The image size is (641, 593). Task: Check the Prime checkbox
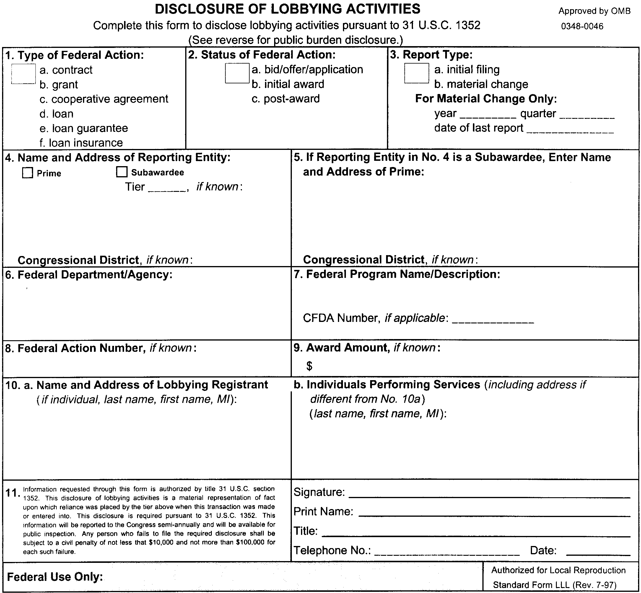(27, 173)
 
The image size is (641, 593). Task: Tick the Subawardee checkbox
(121, 172)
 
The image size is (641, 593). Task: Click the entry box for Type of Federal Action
(23, 74)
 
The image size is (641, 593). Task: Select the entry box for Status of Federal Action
(237, 73)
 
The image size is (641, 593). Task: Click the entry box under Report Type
(416, 73)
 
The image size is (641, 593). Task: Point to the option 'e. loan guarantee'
(84, 128)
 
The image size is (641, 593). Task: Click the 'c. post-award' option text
(285, 99)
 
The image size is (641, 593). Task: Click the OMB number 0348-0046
(582, 26)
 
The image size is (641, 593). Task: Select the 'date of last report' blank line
(570, 131)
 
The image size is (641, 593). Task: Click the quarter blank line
(587, 116)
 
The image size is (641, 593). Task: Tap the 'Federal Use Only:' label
(55, 577)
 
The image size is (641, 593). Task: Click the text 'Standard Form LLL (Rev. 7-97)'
(554, 585)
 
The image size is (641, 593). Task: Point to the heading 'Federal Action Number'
(80, 348)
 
